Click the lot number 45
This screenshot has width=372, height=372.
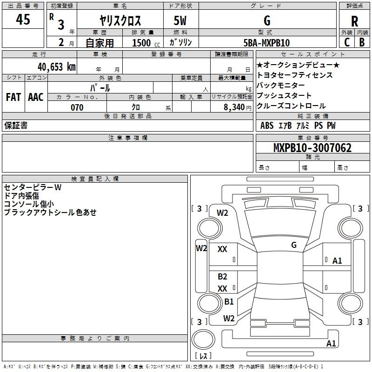(23, 19)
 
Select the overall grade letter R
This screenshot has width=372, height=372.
(354, 21)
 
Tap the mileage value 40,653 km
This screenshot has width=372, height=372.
(57, 67)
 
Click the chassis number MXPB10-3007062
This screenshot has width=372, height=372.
(312, 147)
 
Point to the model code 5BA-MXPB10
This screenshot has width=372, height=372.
(266, 43)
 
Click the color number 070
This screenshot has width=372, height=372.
(77, 107)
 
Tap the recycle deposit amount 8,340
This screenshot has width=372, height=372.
(234, 107)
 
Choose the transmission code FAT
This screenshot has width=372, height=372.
(13, 97)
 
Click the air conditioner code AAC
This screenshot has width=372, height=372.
(36, 97)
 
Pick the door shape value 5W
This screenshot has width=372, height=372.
(180, 20)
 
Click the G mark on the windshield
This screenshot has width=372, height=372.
(294, 245)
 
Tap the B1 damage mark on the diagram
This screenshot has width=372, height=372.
(229, 301)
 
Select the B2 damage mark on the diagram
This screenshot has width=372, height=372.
(223, 277)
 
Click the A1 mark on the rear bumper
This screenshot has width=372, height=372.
(331, 343)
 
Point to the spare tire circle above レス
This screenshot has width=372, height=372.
(203, 339)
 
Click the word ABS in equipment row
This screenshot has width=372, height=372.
(267, 126)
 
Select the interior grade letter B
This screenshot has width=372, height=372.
(362, 42)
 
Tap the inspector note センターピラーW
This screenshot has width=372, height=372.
(33, 187)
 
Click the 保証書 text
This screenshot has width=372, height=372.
(16, 125)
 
